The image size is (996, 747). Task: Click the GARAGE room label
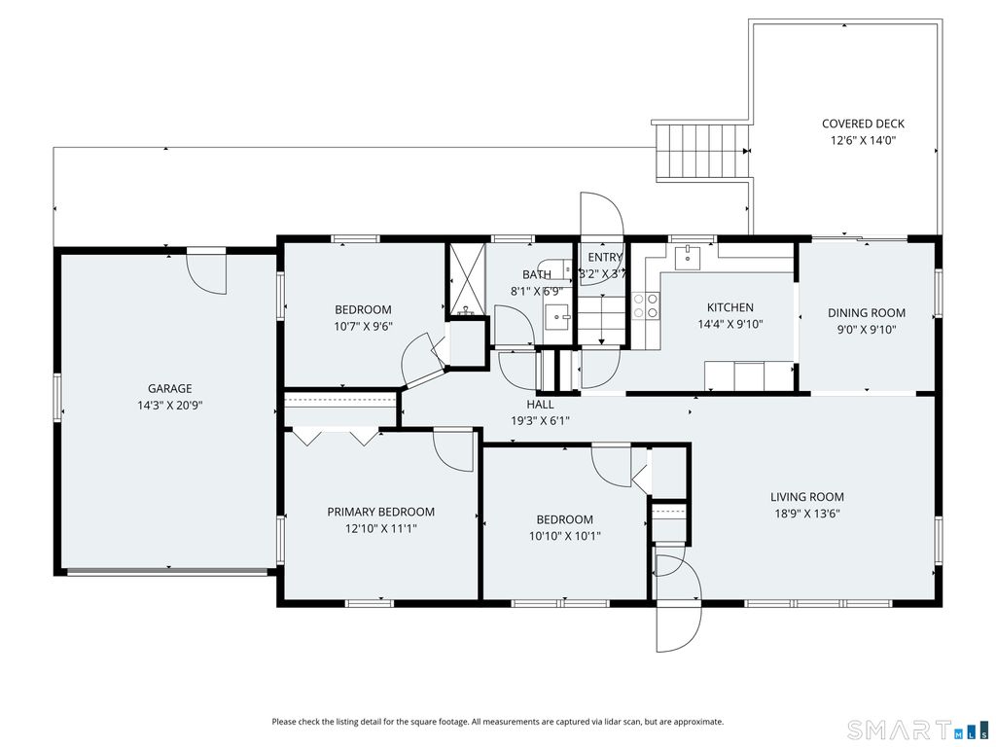click(x=169, y=388)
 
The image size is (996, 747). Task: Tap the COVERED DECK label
click(x=863, y=124)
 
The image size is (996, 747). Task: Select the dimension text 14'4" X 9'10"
click(x=729, y=324)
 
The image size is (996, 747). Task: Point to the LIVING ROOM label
click(x=806, y=497)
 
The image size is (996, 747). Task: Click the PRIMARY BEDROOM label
click(x=380, y=512)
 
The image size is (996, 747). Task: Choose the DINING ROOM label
click(x=866, y=312)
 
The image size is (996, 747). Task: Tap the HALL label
click(x=540, y=404)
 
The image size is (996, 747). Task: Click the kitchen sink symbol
click(x=688, y=258)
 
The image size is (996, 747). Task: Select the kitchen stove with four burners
click(x=646, y=305)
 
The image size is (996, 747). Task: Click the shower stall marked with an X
click(x=467, y=279)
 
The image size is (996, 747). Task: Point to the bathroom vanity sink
click(x=558, y=316)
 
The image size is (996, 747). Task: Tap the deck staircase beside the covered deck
click(x=702, y=151)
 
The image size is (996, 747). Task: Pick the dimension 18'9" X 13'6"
click(x=806, y=514)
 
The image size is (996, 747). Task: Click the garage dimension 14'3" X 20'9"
click(x=169, y=406)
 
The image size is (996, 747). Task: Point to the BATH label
click(x=537, y=274)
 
